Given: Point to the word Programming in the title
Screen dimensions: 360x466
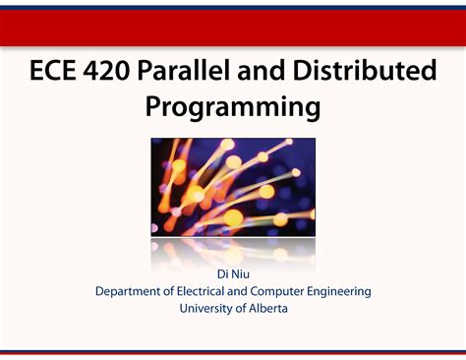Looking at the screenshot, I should pyautogui.click(x=233, y=106).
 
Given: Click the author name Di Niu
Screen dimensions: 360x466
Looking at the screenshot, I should pyautogui.click(x=233, y=272).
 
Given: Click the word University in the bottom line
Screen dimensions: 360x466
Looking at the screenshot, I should pyautogui.click(x=208, y=308).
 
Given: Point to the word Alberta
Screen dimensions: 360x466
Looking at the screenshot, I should pyautogui.click(x=267, y=308).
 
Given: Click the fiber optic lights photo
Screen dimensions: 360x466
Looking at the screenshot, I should pyautogui.click(x=233, y=187).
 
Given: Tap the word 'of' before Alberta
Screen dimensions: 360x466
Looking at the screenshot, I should pyautogui.click(x=242, y=308).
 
